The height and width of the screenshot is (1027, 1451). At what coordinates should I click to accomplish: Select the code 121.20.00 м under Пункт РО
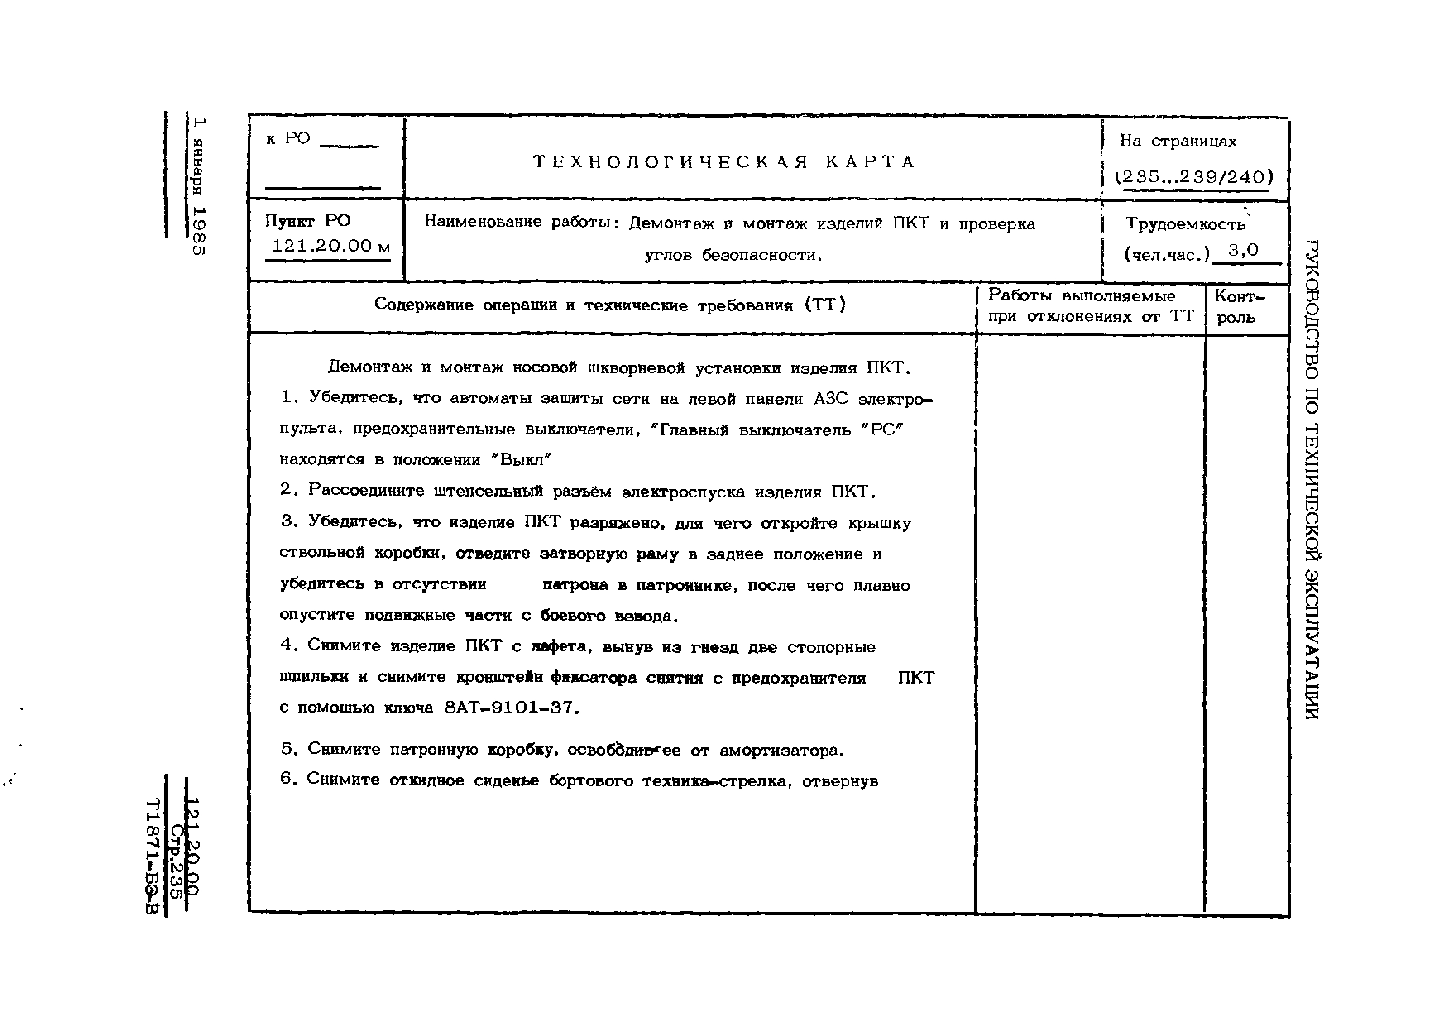coord(330,246)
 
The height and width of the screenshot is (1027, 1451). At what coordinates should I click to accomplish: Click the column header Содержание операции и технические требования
coord(610,305)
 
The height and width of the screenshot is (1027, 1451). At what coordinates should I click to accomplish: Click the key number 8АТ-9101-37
coord(511,707)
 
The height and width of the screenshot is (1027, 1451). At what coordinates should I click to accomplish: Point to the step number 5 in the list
coord(288,749)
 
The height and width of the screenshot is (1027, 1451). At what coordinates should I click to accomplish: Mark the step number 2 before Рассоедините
coord(287,490)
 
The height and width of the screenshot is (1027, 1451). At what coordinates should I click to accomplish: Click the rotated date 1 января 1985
coord(199,187)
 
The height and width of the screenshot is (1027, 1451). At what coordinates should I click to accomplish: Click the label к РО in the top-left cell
coord(288,139)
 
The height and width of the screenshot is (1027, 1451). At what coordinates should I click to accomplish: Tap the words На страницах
coord(1178,141)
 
